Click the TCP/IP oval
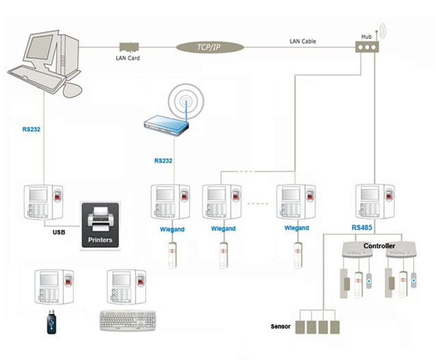[x=210, y=47]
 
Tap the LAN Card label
[x=128, y=58]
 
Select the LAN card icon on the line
[x=129, y=46]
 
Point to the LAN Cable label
[x=303, y=42]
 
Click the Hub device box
[x=367, y=47]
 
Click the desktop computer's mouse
[x=72, y=89]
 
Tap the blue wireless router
[x=166, y=126]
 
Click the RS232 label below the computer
[x=31, y=129]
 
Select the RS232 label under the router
[x=163, y=161]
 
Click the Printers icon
[x=100, y=225]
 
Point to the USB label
[x=59, y=232]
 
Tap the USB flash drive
[x=52, y=322]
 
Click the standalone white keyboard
[x=128, y=321]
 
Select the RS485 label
[x=362, y=228]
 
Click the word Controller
[x=379, y=246]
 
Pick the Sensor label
[x=281, y=327]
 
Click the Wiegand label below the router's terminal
[x=172, y=230]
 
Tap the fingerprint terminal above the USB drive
[x=54, y=287]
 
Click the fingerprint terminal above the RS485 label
[x=375, y=202]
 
